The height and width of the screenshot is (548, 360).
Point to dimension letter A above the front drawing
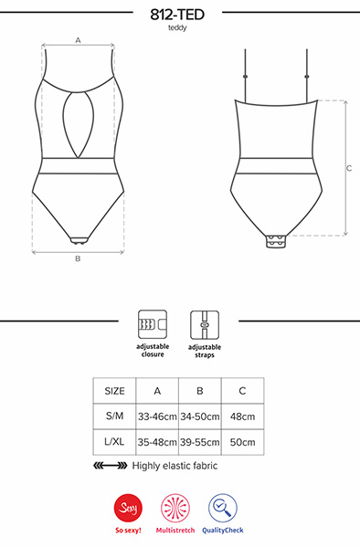point(78,40)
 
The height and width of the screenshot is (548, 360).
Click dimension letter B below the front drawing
point(78,259)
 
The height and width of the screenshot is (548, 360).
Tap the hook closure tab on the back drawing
point(279,242)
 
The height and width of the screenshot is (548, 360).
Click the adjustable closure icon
point(151,324)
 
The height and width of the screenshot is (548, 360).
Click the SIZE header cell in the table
point(115,390)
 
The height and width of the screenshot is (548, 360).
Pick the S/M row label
point(115,416)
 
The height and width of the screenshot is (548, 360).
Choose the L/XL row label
point(115,441)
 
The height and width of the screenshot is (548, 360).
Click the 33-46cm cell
point(157,416)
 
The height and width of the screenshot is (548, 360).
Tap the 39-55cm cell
point(199,441)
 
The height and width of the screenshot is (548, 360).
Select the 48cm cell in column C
point(242,416)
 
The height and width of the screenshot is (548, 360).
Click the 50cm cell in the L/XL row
point(242,441)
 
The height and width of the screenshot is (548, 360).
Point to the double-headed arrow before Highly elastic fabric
point(111,466)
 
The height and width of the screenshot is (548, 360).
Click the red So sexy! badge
point(128,508)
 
